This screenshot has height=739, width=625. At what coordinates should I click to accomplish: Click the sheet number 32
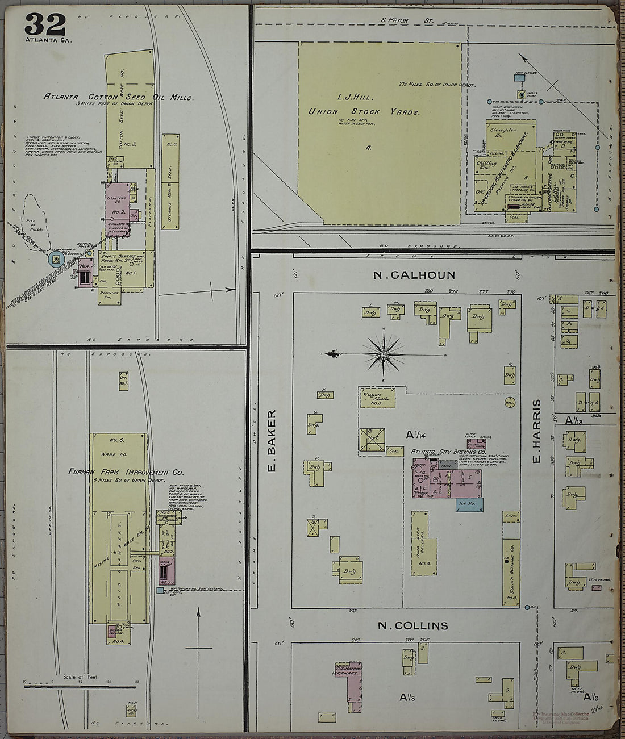(x=45, y=24)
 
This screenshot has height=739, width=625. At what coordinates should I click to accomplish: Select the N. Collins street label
(x=413, y=625)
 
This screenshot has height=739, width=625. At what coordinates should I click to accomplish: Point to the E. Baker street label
(x=271, y=440)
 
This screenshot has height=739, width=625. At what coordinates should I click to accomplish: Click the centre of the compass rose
(x=384, y=354)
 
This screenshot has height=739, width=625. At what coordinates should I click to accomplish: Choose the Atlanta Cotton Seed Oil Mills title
(x=119, y=97)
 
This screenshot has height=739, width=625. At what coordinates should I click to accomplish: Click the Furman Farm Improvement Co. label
(x=118, y=472)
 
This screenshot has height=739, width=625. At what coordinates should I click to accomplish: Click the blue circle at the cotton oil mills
(x=55, y=260)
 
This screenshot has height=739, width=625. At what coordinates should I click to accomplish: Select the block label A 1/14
(x=416, y=435)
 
